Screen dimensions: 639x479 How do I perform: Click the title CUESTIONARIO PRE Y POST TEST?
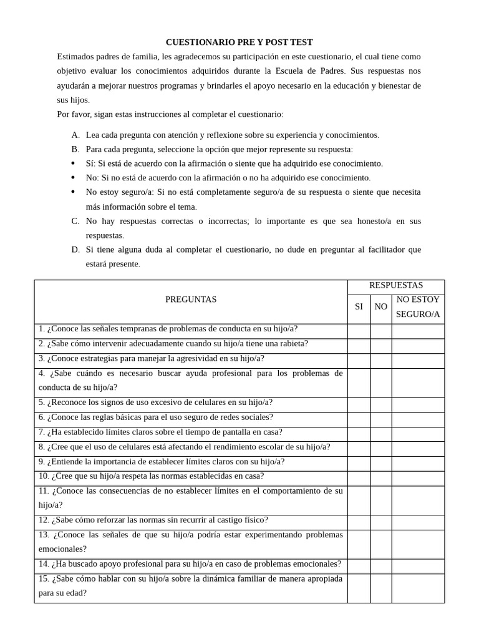[x=239, y=42]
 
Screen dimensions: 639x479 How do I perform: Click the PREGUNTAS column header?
[x=191, y=300]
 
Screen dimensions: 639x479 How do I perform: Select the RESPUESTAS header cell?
[x=395, y=285]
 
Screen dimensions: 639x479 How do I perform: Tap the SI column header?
[x=359, y=306]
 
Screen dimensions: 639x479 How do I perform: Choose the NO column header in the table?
[x=380, y=306]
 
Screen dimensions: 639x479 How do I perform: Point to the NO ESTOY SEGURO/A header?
[x=418, y=306]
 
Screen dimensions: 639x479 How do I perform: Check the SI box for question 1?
[x=359, y=329]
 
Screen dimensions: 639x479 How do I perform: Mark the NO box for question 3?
[x=380, y=359]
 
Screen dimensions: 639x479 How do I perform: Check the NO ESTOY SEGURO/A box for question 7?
[x=418, y=432]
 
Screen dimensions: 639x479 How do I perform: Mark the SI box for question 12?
[x=359, y=520]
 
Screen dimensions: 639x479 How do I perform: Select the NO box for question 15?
[x=380, y=586]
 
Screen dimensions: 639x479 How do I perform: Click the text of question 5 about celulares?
[x=155, y=402]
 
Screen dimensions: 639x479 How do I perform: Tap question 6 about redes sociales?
[x=147, y=417]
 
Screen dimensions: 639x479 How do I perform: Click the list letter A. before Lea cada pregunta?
[x=75, y=135]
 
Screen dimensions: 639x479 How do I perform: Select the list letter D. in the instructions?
[x=75, y=250]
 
